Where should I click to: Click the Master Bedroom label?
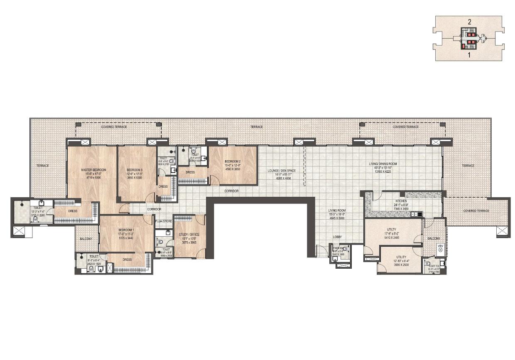tap(93, 170)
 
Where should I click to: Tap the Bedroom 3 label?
tap(135, 170)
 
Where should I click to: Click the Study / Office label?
tap(189, 234)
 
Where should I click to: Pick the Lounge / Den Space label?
tap(280, 171)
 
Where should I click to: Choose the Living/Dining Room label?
tap(383, 164)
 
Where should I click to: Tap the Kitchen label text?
tap(401, 201)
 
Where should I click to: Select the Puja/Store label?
tap(163, 221)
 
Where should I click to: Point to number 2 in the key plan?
tap(468, 22)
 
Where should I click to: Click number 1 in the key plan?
tap(468, 54)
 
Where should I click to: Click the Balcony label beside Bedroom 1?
tap(86, 239)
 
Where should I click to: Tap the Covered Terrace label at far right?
tap(476, 211)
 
